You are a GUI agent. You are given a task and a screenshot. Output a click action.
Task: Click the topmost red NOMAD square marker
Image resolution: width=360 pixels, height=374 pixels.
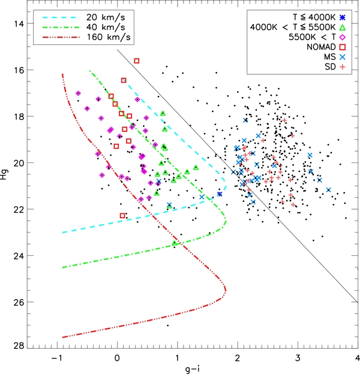pyautogui.click(x=137, y=61)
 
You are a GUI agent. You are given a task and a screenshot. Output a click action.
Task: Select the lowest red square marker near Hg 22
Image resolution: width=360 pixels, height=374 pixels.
pyautogui.click(x=122, y=216)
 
